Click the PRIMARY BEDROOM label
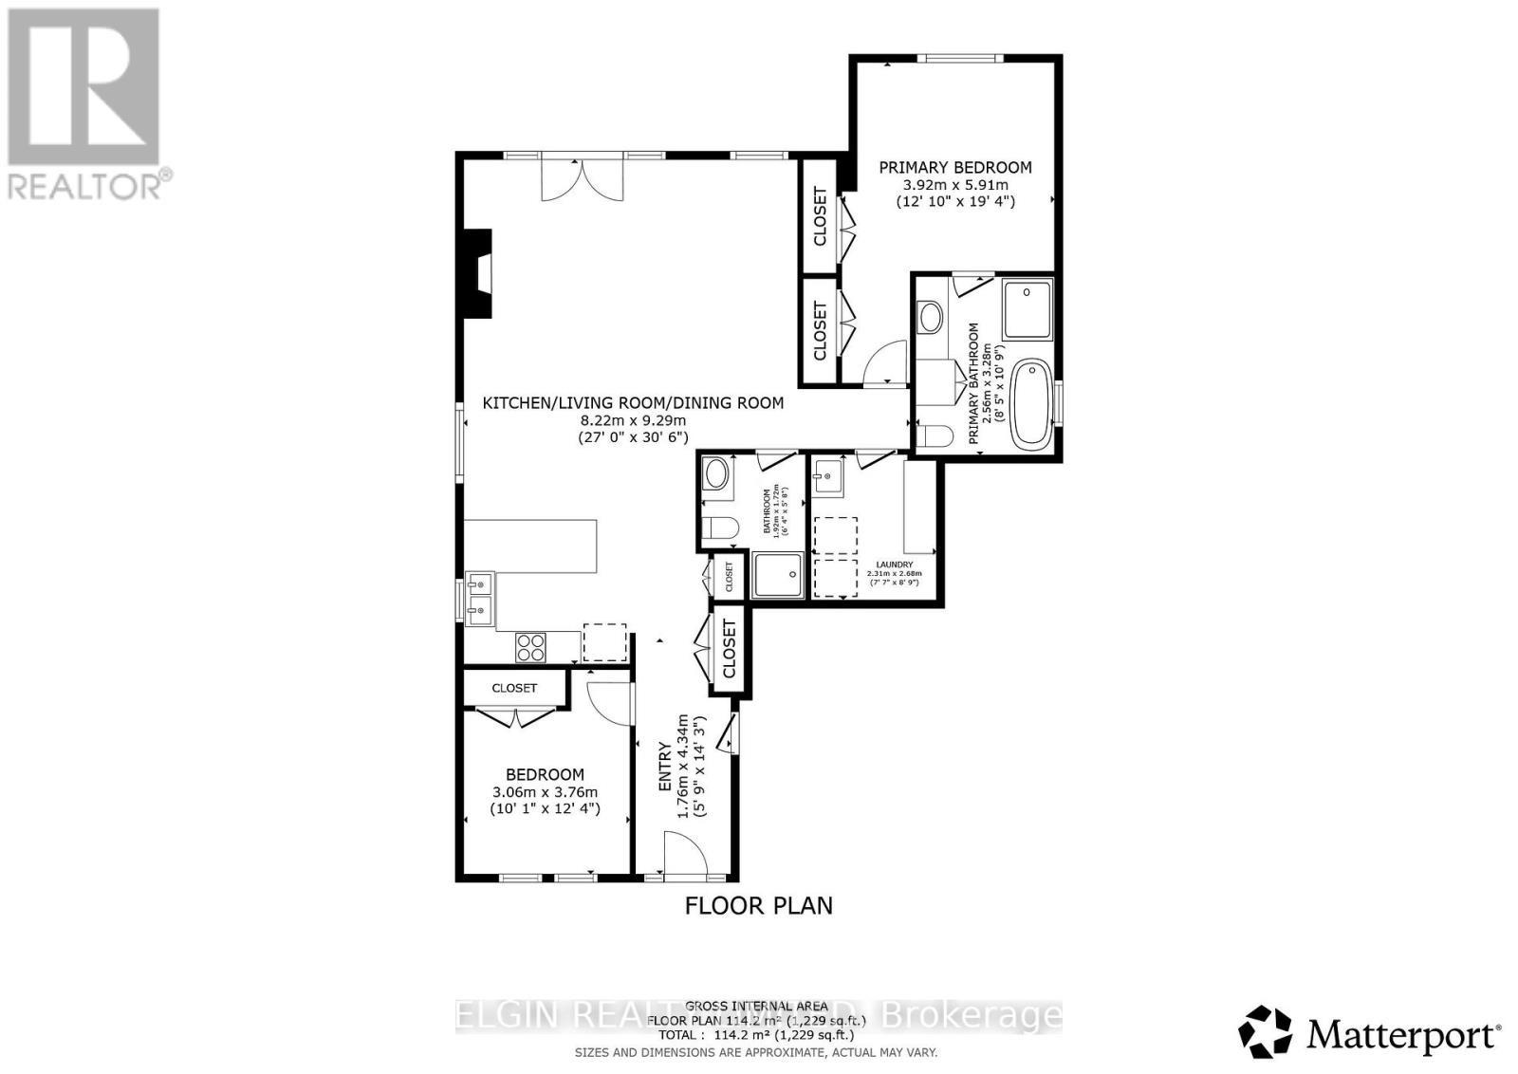click(x=954, y=167)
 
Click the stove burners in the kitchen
click(x=531, y=647)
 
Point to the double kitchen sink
click(x=480, y=598)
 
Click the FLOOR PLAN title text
click(x=758, y=906)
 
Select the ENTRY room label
click(x=666, y=769)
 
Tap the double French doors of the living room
click(x=583, y=179)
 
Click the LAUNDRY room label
click(x=894, y=565)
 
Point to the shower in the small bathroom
click(x=778, y=575)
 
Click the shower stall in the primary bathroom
click(x=1027, y=309)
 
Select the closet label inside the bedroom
click(x=514, y=688)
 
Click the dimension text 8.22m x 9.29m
click(x=633, y=420)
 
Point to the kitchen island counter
click(x=531, y=546)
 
